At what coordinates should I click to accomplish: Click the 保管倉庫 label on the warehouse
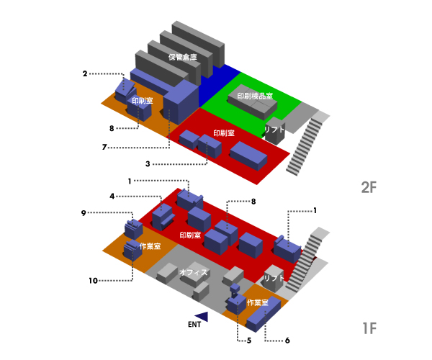pos(182,55)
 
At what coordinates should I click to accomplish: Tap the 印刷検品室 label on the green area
pos(254,96)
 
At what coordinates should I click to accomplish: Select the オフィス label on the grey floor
pos(194,272)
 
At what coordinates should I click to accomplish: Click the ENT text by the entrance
pos(194,325)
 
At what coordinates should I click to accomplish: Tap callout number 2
pos(85,73)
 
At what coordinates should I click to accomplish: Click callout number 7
pos(104,147)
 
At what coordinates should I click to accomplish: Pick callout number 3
pos(147,164)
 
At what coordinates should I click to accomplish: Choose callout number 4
pos(112,196)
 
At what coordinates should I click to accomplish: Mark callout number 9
pos(84,212)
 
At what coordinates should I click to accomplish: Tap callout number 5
pos(248,340)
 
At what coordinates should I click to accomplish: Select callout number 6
pos(287,340)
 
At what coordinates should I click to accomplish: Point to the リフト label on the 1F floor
pos(274,277)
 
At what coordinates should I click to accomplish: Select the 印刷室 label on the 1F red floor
pos(190,235)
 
